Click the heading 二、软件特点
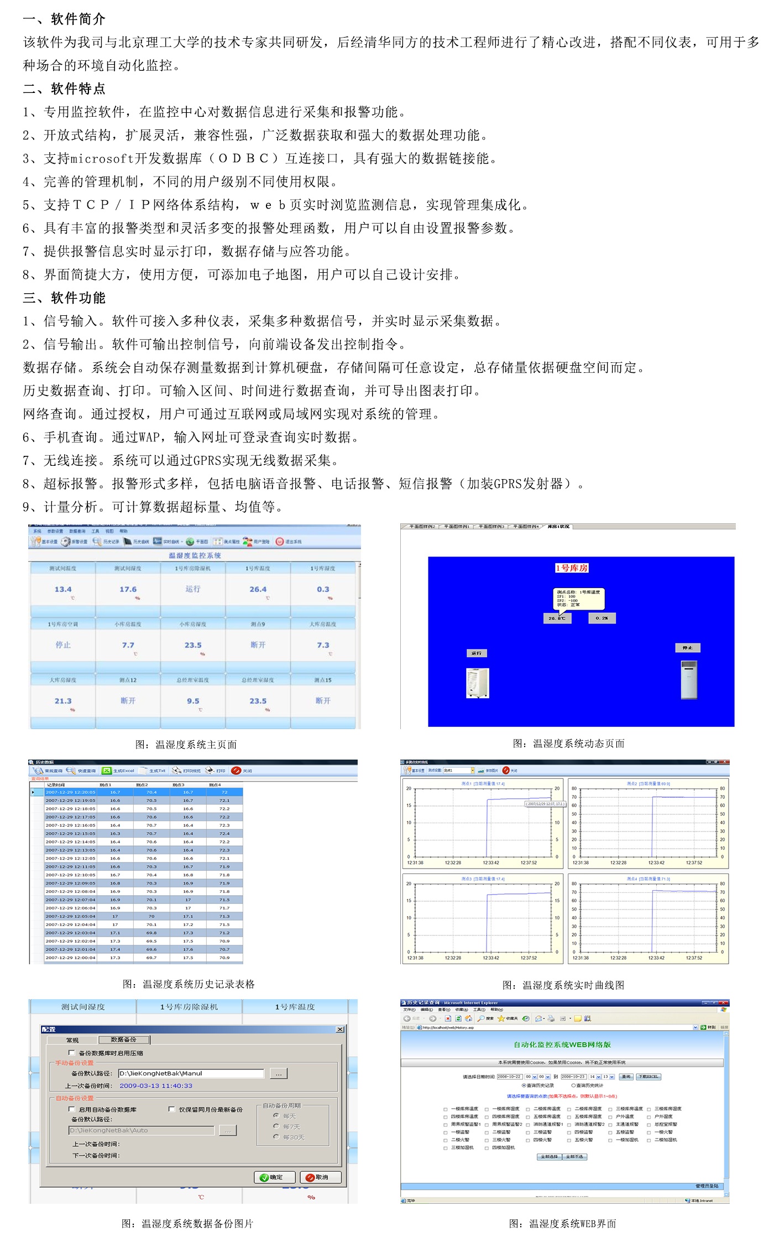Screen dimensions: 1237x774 pos(64,89)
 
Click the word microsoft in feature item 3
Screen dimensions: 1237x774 pos(102,159)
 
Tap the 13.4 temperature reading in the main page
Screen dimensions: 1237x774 pos(63,590)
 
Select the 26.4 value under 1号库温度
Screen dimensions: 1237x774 pos(258,590)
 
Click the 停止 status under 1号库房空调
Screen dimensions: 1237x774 pos(63,645)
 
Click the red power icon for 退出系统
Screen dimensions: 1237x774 pos(280,542)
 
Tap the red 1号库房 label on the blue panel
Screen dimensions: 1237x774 pos(572,568)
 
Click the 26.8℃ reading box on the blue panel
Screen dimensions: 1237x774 pos(557,618)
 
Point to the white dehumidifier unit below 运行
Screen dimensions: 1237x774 pos(478,683)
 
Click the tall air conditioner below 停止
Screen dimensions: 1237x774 pos(689,680)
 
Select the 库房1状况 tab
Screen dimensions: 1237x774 pos(558,527)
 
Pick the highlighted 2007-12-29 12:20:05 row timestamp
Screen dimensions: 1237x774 pos(70,792)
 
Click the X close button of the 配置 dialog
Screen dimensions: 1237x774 pos(340,1030)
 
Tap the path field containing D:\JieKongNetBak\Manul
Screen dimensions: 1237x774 pos(191,1073)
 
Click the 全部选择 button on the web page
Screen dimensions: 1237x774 pos(549,1157)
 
